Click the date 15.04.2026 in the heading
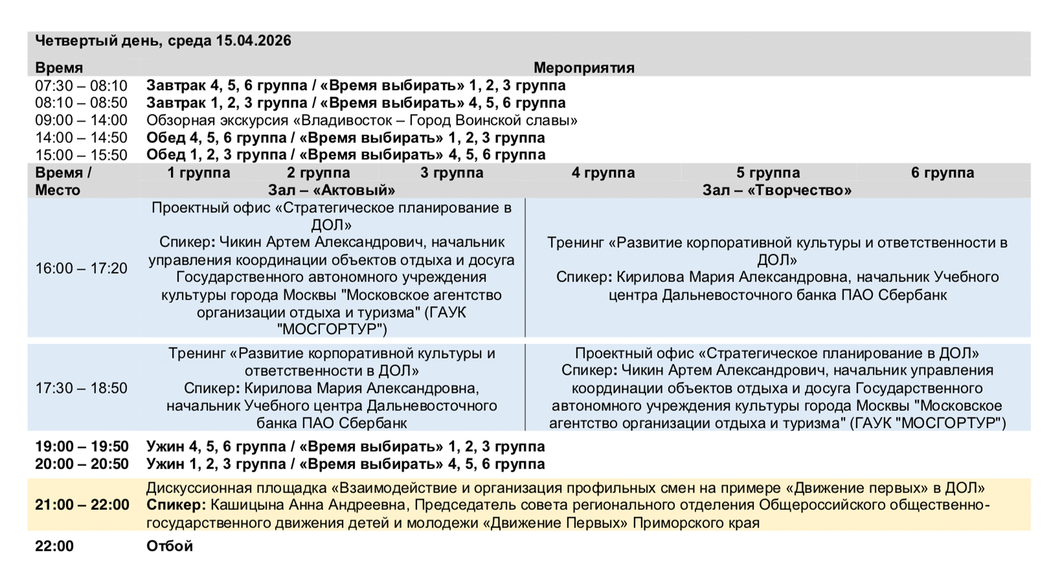[253, 41]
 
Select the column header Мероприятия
[584, 68]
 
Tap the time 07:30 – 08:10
[81, 86]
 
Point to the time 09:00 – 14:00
[81, 120]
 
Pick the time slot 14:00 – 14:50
[81, 138]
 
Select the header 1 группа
[198, 173]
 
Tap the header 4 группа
[603, 173]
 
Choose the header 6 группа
[943, 173]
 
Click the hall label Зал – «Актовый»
[332, 190]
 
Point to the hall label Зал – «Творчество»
[777, 190]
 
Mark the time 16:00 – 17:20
[81, 268]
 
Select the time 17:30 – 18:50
[81, 388]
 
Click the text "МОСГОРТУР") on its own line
[332, 330]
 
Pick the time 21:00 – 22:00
[82, 505]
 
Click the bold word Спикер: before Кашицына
[176, 505]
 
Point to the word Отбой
[170, 546]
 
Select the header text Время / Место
[63, 181]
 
